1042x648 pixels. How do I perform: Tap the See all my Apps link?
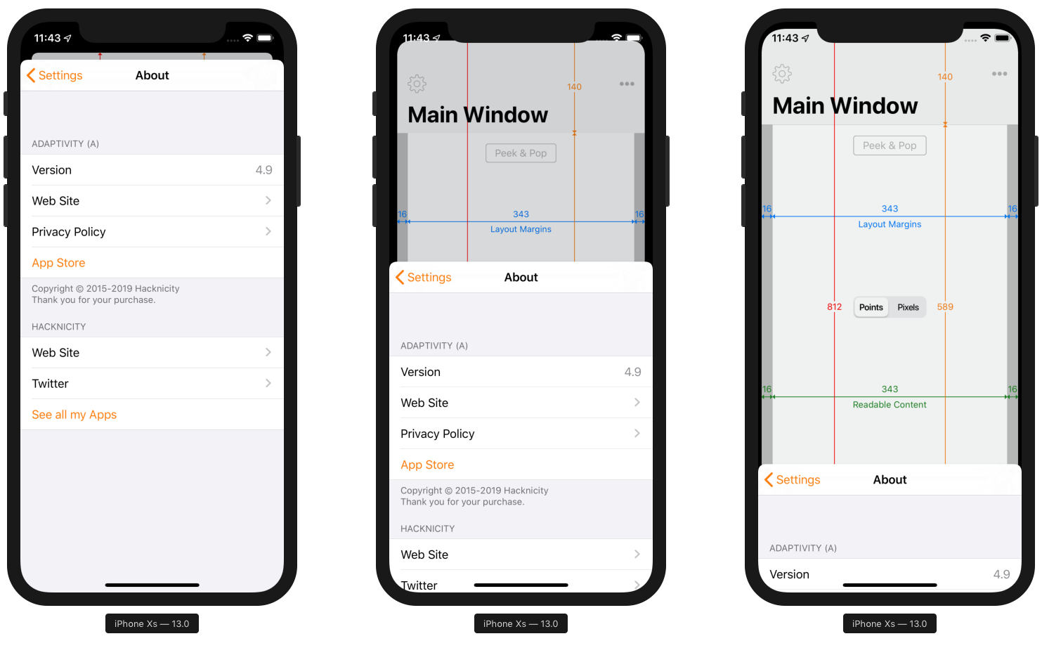click(74, 415)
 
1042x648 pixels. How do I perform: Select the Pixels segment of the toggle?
click(908, 307)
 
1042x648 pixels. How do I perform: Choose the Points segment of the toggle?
click(871, 307)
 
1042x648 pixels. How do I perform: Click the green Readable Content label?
click(890, 405)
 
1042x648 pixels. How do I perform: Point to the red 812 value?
click(834, 307)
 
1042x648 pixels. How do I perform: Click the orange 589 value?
click(945, 307)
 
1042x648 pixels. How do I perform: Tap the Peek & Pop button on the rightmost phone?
click(890, 145)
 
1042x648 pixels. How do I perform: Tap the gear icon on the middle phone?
click(417, 84)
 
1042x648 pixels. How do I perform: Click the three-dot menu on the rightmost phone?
click(999, 74)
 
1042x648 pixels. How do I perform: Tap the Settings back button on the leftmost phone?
click(54, 75)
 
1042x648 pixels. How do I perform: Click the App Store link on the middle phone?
click(427, 465)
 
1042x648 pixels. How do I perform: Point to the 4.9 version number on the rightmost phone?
click(1001, 574)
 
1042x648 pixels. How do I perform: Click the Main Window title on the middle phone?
click(478, 115)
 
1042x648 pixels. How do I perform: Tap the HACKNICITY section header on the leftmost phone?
click(58, 327)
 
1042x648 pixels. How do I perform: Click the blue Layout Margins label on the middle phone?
click(521, 229)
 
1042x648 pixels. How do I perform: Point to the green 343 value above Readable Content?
click(890, 389)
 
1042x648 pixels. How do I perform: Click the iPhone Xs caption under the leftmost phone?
click(152, 624)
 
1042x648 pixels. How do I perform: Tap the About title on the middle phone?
click(521, 277)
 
